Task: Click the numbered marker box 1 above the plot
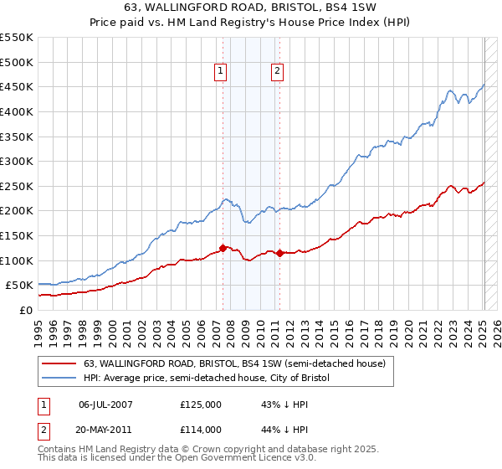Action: click(x=219, y=72)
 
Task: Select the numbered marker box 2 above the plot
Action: click(x=276, y=72)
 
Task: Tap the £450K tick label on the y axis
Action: click(x=17, y=86)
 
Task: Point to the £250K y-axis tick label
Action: click(x=17, y=186)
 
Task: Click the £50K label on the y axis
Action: click(x=20, y=286)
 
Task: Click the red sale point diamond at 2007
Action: click(x=223, y=247)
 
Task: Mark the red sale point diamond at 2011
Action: click(x=280, y=253)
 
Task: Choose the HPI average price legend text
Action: click(x=207, y=379)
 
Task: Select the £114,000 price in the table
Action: click(x=200, y=430)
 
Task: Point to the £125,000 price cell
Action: click(x=200, y=405)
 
